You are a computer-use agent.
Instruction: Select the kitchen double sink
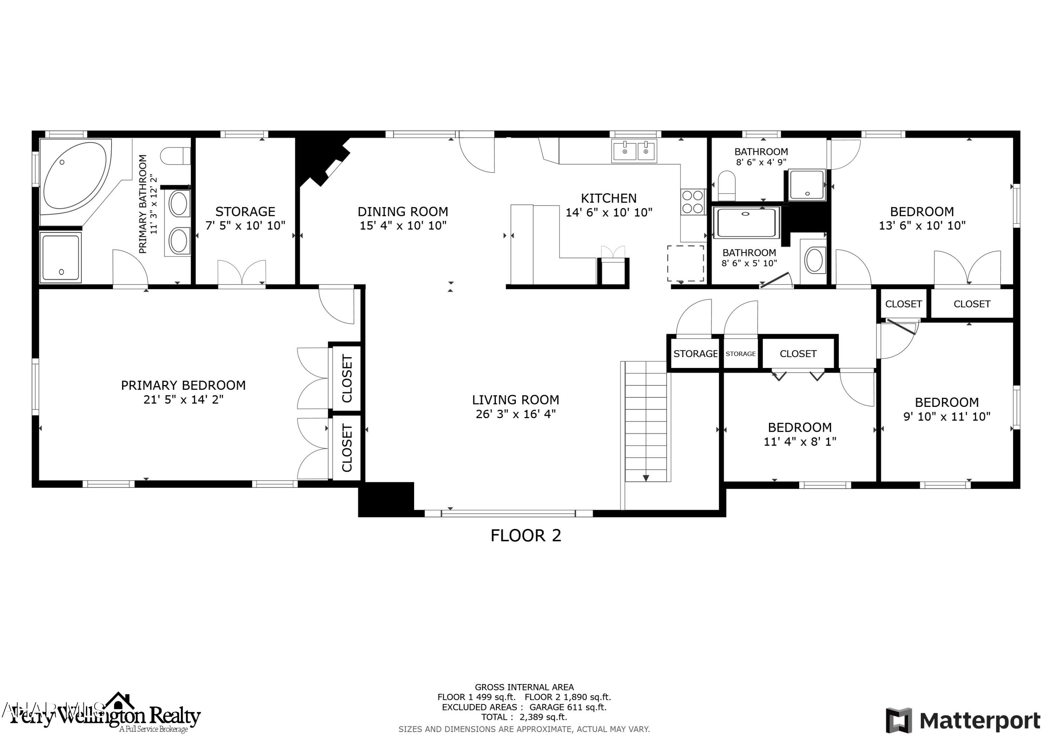(634, 151)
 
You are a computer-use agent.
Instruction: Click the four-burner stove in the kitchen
(693, 202)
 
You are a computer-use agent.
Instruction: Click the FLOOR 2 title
(526, 535)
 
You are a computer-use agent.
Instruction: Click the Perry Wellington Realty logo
(106, 716)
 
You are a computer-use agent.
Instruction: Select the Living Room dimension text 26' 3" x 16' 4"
(515, 414)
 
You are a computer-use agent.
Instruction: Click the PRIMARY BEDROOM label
(183, 385)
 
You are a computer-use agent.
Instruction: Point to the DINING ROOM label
(403, 212)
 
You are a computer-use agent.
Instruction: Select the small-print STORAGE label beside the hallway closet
(740, 354)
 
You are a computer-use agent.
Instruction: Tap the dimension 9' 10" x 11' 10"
(946, 416)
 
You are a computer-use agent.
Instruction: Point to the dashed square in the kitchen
(685, 263)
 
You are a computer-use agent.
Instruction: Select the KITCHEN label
(608, 199)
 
